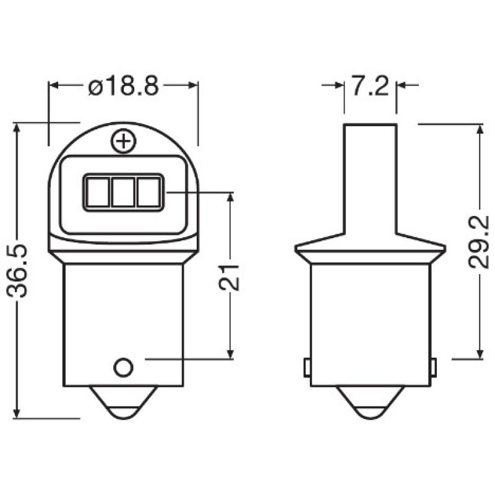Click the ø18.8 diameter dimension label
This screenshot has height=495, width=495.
(124, 87)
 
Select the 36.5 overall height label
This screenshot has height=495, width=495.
(20, 270)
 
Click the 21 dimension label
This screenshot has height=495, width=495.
(230, 275)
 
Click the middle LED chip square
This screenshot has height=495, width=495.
(124, 192)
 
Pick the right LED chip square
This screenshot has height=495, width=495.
(148, 192)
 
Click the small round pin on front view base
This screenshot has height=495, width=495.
(124, 366)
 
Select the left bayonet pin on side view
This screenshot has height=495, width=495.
(307, 367)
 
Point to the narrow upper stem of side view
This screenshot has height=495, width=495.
(370, 173)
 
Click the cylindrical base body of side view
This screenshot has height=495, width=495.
(370, 316)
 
